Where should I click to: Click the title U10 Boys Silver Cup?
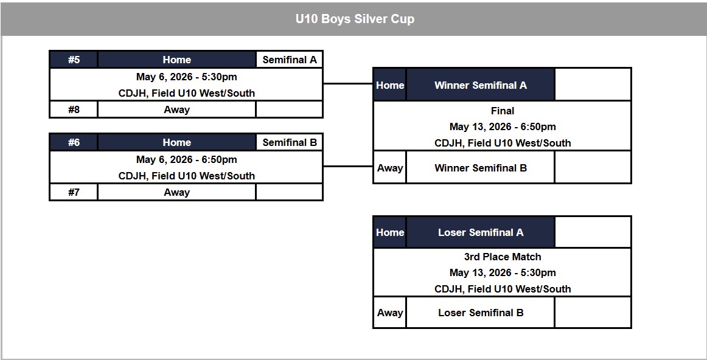[x=355, y=19]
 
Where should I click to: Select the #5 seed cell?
[x=74, y=60]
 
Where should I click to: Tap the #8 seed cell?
[x=74, y=109]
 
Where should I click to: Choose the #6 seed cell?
[x=74, y=142]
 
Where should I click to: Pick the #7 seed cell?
[x=74, y=192]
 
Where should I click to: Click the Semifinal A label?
[x=290, y=60]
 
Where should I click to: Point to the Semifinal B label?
[x=290, y=142]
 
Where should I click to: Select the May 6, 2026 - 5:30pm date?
[x=186, y=77]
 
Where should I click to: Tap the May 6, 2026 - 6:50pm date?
[x=186, y=159]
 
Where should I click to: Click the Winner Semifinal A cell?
[x=480, y=85]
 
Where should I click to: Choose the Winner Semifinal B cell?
[x=480, y=168]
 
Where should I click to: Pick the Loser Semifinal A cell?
[x=480, y=232]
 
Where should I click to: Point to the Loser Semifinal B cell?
[x=480, y=313]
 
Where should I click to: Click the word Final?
[x=503, y=111]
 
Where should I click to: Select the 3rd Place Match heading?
[x=503, y=257]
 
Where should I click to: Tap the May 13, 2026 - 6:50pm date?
[x=503, y=126]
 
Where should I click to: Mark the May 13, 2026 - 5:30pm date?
[x=503, y=272]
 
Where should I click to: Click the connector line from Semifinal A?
[x=347, y=83]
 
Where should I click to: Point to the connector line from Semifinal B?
[x=347, y=166]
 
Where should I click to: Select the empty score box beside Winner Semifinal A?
[x=593, y=85]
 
